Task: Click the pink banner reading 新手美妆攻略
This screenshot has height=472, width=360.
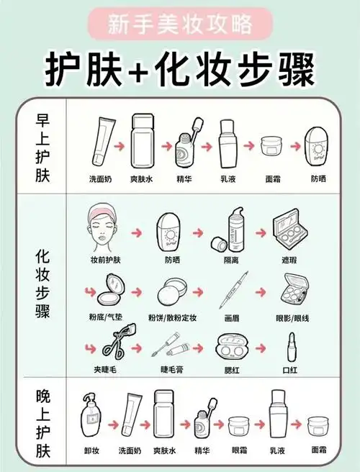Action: pyautogui.click(x=180, y=25)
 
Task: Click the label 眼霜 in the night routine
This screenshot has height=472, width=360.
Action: pyautogui.click(x=238, y=450)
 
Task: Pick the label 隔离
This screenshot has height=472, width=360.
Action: pyautogui.click(x=233, y=260)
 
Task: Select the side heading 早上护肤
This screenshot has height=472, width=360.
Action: pyautogui.click(x=42, y=149)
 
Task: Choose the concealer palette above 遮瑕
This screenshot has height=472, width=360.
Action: pyautogui.click(x=292, y=230)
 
